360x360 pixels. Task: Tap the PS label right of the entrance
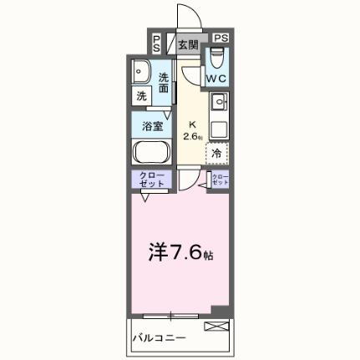[220, 38]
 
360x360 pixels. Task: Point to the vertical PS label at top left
[156, 43]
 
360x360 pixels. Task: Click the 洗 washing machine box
[141, 96]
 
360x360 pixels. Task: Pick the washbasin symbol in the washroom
[141, 73]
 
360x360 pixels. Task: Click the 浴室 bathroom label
[152, 128]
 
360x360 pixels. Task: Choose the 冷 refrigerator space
[217, 153]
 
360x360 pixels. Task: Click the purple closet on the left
[150, 180]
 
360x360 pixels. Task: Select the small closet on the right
[220, 180]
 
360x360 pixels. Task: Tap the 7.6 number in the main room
[184, 251]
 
